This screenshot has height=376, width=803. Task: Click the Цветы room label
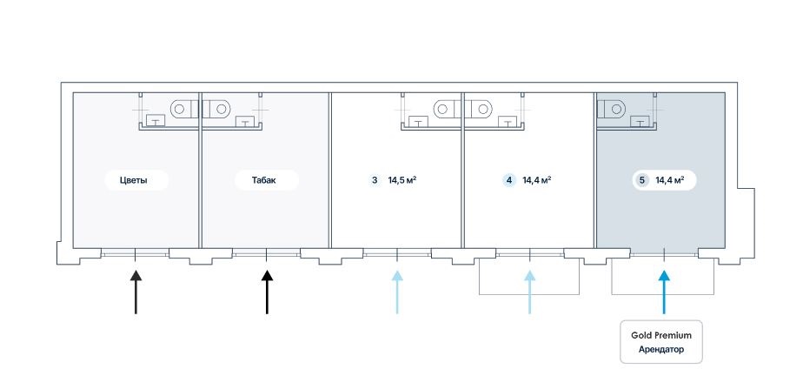coord(133,180)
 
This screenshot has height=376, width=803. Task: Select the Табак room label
coord(264,180)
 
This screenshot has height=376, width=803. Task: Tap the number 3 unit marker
coord(375,180)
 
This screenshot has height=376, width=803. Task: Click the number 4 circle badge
coord(508,180)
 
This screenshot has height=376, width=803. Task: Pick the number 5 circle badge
coord(641,180)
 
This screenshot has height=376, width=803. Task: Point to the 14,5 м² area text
coord(402,180)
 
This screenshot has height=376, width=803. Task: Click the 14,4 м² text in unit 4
coord(537,180)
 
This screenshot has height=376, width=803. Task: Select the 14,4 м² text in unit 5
coord(670,180)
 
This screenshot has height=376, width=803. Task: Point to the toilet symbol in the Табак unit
coord(220,109)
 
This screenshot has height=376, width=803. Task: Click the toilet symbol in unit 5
coord(614,109)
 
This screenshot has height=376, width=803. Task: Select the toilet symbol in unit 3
coord(444,109)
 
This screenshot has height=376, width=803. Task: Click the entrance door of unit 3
coord(397,253)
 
